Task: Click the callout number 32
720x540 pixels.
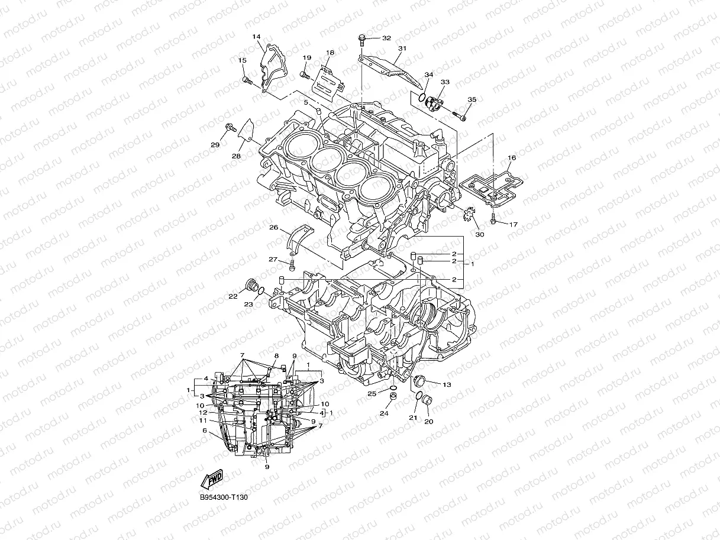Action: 386,38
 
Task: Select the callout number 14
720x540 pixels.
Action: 256,37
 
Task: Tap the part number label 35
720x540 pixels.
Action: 472,100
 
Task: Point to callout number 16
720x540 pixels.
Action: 512,158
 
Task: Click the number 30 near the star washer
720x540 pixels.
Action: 479,235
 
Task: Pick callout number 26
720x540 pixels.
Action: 273,227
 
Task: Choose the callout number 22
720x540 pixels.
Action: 233,296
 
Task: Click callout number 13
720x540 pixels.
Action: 446,385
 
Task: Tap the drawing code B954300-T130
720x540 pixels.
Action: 224,497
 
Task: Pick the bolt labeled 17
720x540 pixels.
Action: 493,220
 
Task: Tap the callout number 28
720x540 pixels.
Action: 236,156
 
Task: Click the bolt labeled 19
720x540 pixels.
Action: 305,75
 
